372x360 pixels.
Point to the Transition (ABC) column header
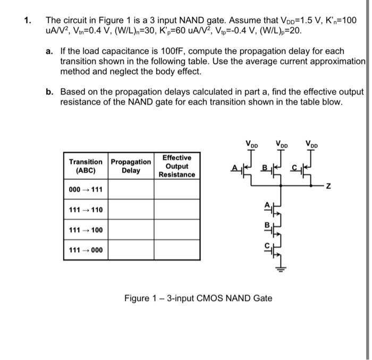pos(86,166)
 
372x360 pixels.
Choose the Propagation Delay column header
pos(131,166)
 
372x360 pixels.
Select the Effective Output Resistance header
pos(177,166)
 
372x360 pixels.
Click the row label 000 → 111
pos(86,190)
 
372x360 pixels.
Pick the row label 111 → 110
pos(86,210)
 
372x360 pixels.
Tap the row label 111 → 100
pos(86,230)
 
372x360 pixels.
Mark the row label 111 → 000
pos(86,250)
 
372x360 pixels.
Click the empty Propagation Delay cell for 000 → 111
pos(131,190)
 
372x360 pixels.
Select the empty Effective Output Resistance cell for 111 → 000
pos(177,250)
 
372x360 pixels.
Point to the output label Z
pos(328,186)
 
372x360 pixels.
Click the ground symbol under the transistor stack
pos(276,269)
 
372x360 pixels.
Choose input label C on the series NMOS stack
pos(267,245)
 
